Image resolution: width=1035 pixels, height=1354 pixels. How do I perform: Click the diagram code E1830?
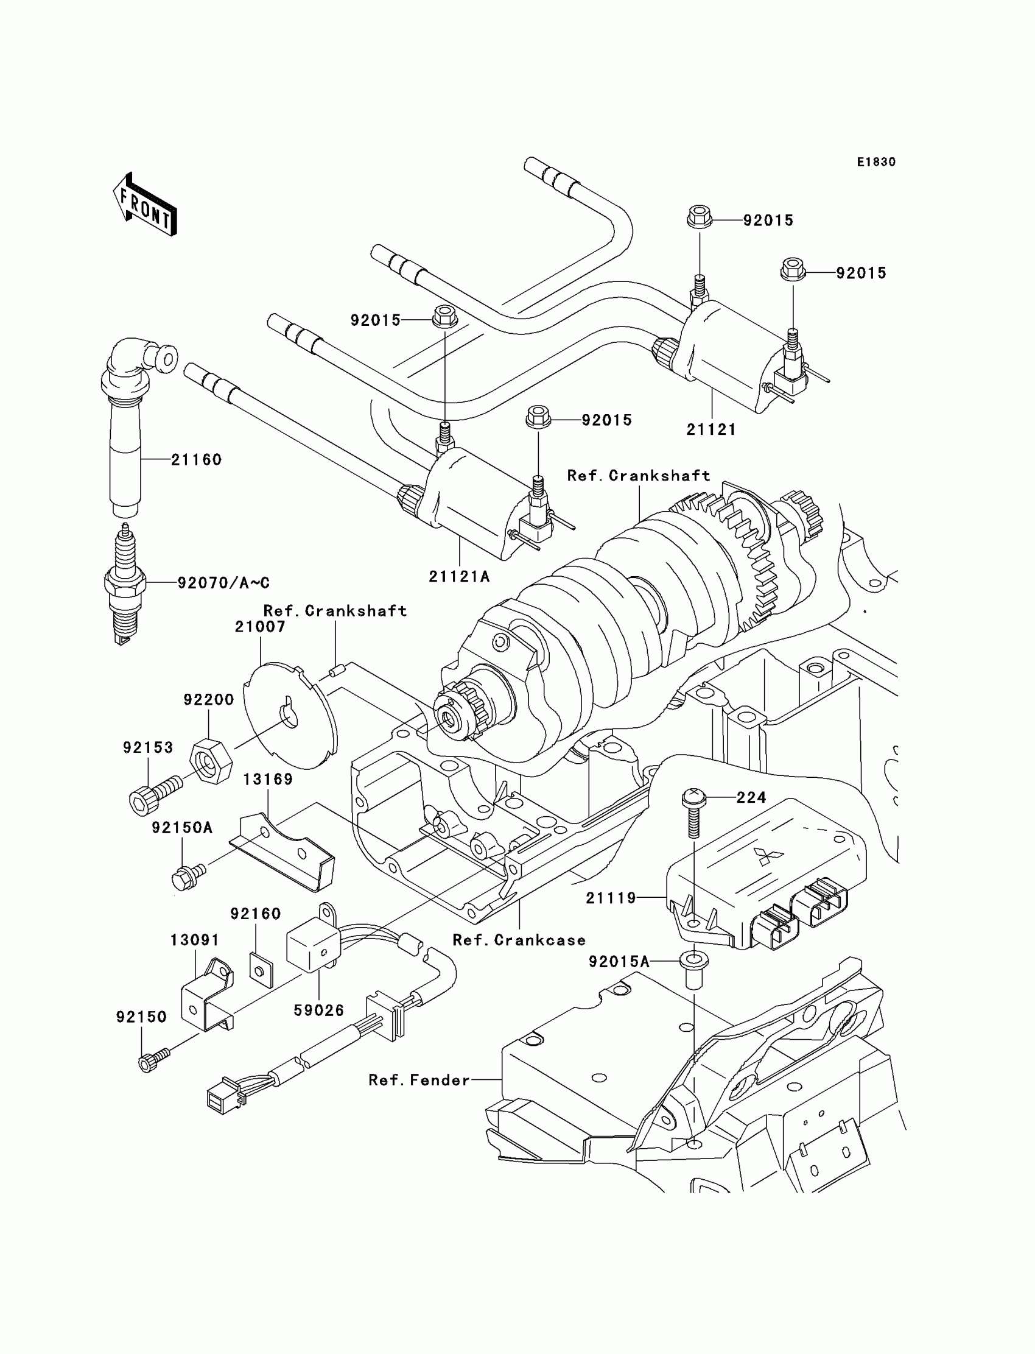[875, 162]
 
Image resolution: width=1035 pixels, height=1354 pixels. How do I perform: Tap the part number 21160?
[196, 460]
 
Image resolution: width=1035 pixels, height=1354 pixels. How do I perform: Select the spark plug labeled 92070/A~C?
[125, 582]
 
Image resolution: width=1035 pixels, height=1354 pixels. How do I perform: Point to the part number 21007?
[260, 627]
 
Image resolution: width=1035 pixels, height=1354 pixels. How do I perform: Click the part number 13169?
[268, 779]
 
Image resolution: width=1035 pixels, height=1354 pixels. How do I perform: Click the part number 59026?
[318, 1010]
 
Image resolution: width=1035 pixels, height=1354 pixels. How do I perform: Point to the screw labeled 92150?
[152, 1061]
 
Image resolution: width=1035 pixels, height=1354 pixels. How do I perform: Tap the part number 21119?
[611, 898]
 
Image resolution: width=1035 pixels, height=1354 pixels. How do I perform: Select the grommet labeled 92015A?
[693, 970]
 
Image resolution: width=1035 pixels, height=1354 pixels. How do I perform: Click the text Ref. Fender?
[419, 1080]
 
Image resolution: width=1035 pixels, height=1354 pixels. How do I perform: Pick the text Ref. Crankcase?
[519, 940]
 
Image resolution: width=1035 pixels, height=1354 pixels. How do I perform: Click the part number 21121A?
[459, 576]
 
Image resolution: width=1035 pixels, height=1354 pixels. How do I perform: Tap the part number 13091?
[195, 940]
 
